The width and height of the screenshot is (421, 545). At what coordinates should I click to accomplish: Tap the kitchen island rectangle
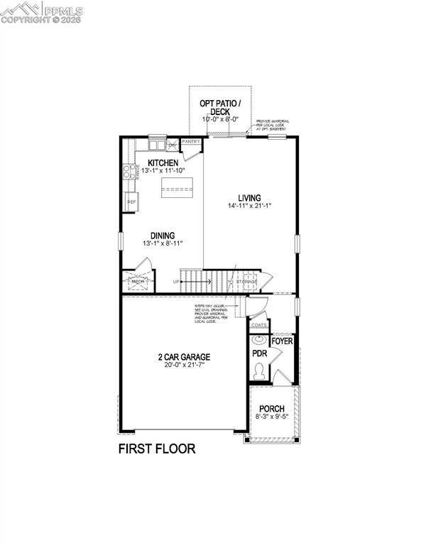(177, 186)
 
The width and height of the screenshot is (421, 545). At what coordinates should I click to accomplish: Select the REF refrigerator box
(131, 202)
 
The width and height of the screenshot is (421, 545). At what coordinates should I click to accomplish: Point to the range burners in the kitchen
(129, 170)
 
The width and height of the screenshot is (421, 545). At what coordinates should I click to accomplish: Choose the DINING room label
(163, 236)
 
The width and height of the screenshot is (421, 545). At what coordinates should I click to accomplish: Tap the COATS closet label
(258, 325)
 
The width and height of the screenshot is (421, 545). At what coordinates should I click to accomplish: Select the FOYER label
(282, 341)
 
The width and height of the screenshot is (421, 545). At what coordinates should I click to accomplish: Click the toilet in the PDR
(260, 370)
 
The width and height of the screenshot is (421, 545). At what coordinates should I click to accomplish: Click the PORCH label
(271, 409)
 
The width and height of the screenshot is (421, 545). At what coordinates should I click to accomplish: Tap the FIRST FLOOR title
(156, 448)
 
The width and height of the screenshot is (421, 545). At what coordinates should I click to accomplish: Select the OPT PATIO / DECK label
(219, 107)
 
